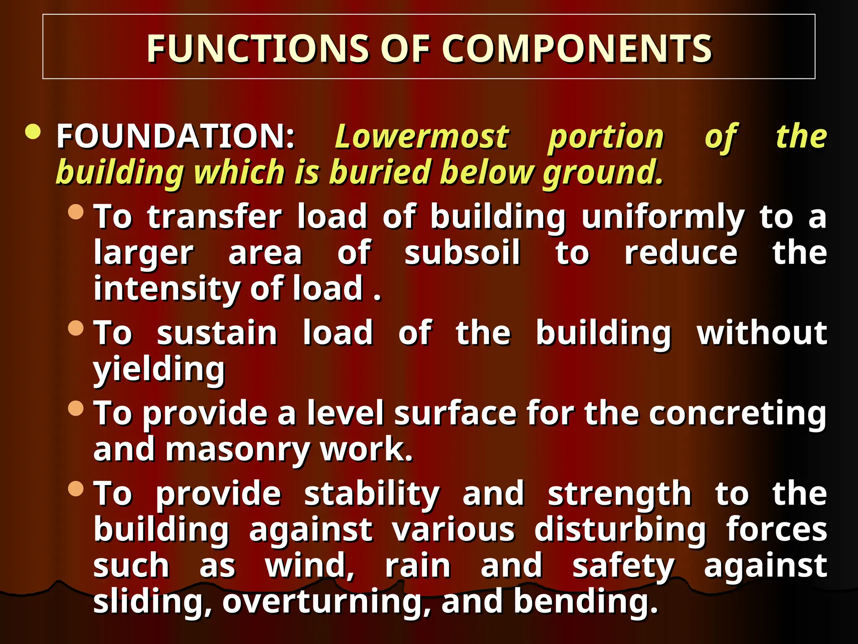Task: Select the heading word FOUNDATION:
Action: click(x=176, y=137)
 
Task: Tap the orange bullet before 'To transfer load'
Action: click(x=76, y=212)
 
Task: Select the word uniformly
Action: click(x=663, y=217)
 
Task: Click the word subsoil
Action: click(x=462, y=253)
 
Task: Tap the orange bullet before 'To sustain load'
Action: click(x=76, y=328)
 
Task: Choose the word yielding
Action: click(x=159, y=369)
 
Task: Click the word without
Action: click(x=762, y=333)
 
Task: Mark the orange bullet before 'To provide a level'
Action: click(x=76, y=408)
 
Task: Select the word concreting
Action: click(x=737, y=413)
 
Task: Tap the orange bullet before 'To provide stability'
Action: click(x=76, y=488)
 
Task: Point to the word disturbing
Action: click(x=620, y=530)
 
